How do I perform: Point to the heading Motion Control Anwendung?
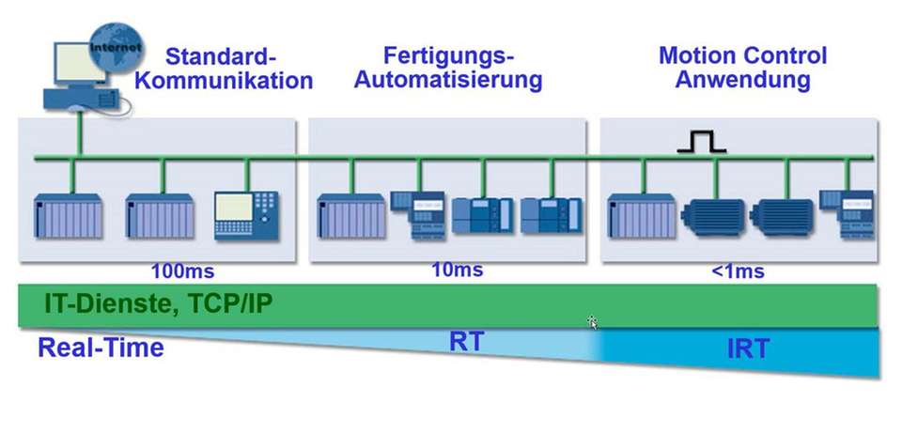742,68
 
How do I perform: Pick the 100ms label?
182,273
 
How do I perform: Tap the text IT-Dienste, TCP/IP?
159,304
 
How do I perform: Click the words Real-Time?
101,348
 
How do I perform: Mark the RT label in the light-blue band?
467,342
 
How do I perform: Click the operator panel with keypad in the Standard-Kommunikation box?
247,215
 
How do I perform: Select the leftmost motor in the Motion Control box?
716,214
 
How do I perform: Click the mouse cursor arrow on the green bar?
593,322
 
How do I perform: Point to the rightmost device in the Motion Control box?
847,211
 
